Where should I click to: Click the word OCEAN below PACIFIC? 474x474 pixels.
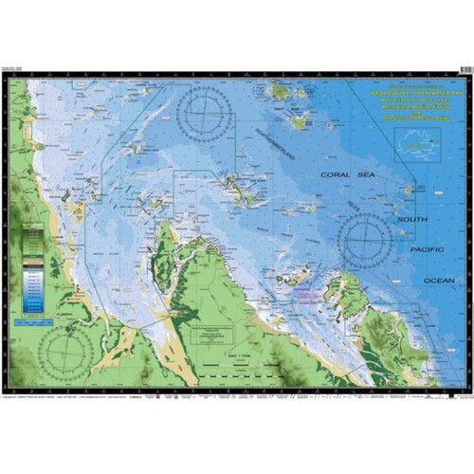438,281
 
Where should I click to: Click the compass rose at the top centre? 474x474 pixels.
206,114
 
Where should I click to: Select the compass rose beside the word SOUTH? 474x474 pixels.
366,239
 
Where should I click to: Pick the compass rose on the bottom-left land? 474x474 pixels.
65,350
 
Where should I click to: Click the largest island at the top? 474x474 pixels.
281,92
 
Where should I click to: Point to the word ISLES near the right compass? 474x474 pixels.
380,201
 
